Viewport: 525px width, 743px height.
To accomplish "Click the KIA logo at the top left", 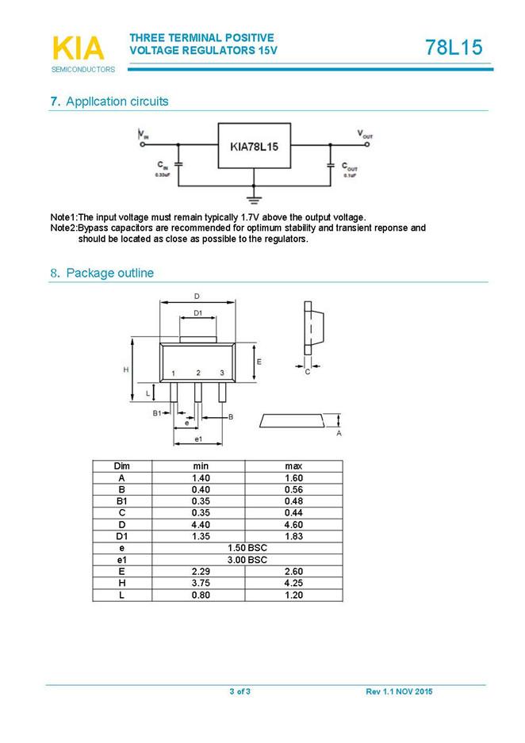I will [x=78, y=49].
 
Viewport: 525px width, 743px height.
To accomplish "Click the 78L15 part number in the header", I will [x=453, y=48].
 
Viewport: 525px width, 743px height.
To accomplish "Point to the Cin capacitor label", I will [x=162, y=167].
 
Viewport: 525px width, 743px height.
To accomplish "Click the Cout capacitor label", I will [x=350, y=167].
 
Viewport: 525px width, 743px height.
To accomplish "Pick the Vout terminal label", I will [x=364, y=135].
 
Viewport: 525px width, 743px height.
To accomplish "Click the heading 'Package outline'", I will [x=109, y=273].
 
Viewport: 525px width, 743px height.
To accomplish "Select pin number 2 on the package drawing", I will [x=198, y=373].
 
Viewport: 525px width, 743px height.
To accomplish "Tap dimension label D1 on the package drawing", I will [x=198, y=313].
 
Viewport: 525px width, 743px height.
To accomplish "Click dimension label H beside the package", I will [x=125, y=370].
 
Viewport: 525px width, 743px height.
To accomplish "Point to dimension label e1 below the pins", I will [x=198, y=439].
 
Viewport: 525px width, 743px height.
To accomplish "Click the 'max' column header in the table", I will [x=293, y=466].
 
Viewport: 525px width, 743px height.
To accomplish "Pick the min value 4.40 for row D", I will [x=201, y=525].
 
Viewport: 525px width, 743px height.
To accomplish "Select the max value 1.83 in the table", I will [x=293, y=537].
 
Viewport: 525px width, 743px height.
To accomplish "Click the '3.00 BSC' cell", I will [x=247, y=560].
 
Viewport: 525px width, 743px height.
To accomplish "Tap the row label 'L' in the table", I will [x=121, y=595].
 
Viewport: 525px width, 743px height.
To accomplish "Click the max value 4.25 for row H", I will [x=293, y=583].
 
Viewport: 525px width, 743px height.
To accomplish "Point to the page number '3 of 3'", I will [x=240, y=692].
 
